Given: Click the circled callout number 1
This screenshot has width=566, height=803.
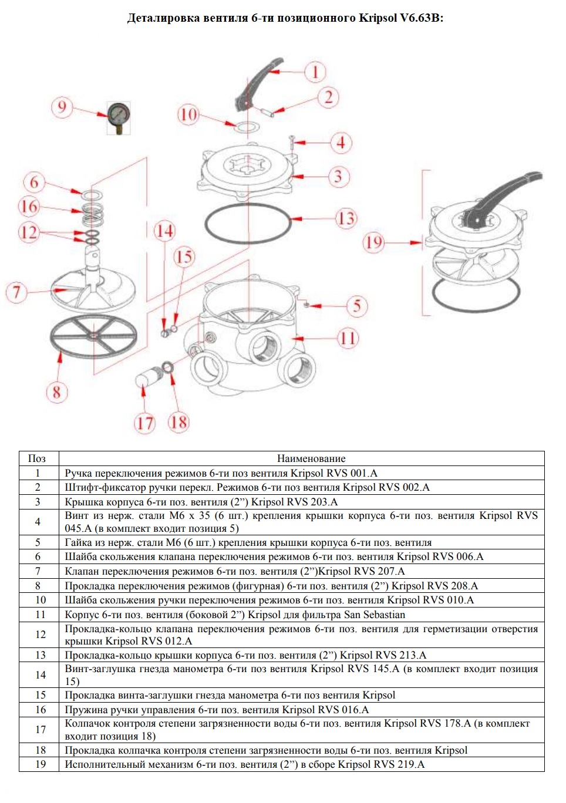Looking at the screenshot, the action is coord(315,72).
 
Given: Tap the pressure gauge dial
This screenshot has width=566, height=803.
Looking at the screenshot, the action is coord(119,114).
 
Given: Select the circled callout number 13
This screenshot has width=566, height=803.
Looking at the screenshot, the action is coord(346,219).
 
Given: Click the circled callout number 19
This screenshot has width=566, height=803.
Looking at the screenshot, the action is coord(374,242).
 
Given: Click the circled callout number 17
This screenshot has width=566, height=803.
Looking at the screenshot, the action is coord(145,423).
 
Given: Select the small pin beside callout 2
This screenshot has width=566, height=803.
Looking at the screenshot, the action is coord(267,112).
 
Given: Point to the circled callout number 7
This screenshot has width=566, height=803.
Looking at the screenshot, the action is coord(16,292).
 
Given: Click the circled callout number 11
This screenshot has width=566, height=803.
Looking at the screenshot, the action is coord(348,338).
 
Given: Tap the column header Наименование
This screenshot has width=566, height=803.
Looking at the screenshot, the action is coord(311,458).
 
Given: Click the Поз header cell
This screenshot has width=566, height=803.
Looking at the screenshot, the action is coord(37,458).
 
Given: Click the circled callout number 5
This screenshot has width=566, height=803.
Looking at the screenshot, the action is coord(357,306).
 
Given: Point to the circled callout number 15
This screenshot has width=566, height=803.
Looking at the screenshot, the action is coord(184,257).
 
